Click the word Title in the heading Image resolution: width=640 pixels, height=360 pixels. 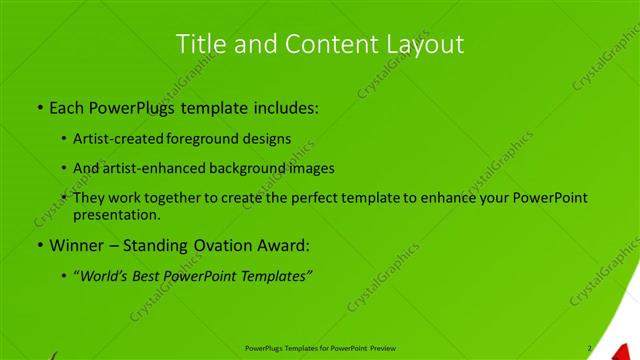200,44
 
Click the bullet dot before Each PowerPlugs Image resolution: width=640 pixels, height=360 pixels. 39,107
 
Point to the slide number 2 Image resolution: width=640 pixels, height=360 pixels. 590,348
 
